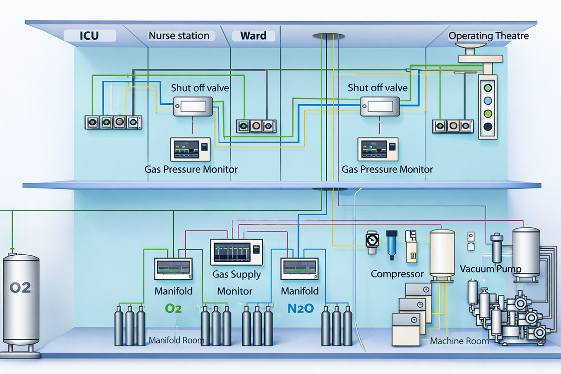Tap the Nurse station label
pyautogui.click(x=179, y=36)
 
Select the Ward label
pyautogui.click(x=253, y=36)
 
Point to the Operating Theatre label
pyautogui.click(x=489, y=36)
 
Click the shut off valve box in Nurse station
pyautogui.click(x=193, y=107)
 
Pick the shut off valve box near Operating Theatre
pyautogui.click(x=380, y=107)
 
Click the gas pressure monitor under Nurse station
pyautogui.click(x=191, y=150)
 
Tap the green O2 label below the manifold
pyautogui.click(x=173, y=308)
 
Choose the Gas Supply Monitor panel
pyautogui.click(x=237, y=252)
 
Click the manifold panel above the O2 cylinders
pyautogui.click(x=173, y=269)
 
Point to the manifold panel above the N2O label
pyautogui.click(x=299, y=269)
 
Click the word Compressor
pyautogui.click(x=397, y=274)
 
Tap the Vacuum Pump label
pyautogui.click(x=491, y=269)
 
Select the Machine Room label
pyautogui.click(x=459, y=341)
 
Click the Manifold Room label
pyautogui.click(x=176, y=340)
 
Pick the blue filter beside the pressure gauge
pyautogui.click(x=391, y=243)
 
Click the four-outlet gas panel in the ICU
pyautogui.click(x=113, y=122)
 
